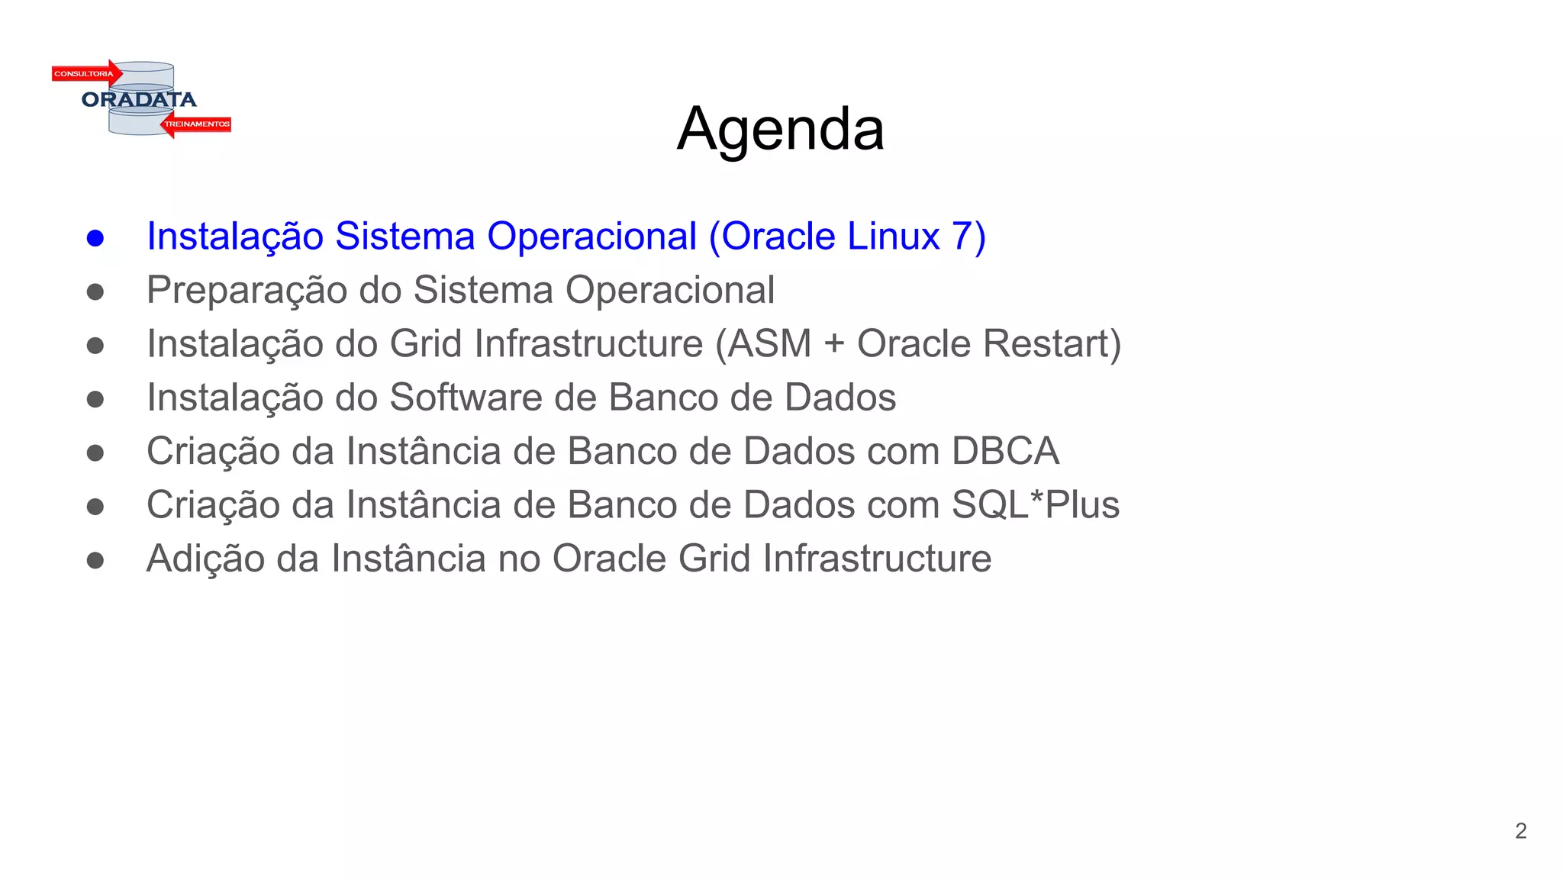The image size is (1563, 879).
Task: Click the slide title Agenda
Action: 780,129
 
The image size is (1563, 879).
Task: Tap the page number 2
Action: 1520,831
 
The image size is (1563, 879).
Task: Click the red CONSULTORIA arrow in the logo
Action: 86,74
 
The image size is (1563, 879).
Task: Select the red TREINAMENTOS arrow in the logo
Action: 196,124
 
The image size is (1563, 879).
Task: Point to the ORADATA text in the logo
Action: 139,100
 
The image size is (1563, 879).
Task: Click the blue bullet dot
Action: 95,238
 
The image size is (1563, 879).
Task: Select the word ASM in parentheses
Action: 769,344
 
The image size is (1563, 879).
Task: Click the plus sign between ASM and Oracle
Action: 834,345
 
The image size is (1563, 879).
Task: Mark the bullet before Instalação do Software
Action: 95,399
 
